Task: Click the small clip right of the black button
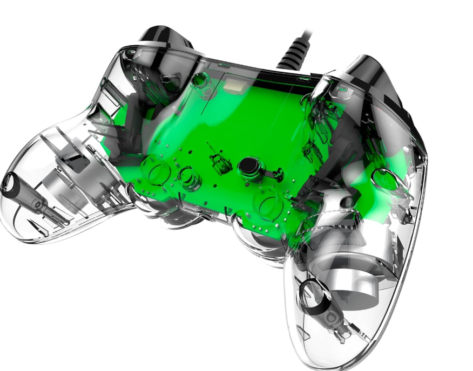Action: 278,173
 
